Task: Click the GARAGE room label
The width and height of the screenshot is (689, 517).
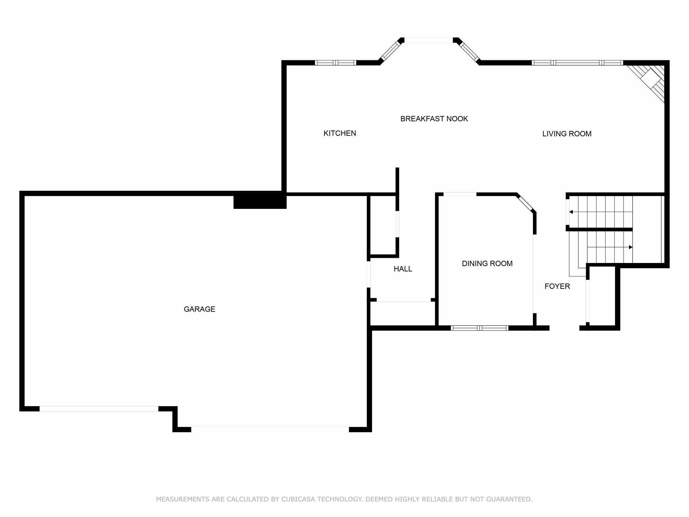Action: tap(199, 309)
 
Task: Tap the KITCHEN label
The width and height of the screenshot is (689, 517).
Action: tap(340, 133)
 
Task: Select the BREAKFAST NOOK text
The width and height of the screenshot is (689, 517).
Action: tap(434, 119)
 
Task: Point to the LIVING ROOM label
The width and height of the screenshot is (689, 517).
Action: tap(567, 134)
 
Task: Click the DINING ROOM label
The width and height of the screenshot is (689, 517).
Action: tap(487, 264)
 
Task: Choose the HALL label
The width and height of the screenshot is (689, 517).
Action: tap(403, 269)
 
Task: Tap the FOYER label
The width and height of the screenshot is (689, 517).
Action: tap(557, 286)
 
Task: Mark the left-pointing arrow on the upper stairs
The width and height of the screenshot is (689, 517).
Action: tap(571, 212)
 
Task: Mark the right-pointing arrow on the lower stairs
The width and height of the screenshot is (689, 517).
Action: tap(630, 247)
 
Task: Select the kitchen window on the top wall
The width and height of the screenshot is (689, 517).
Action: tap(336, 63)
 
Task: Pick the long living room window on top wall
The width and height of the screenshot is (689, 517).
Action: tap(577, 63)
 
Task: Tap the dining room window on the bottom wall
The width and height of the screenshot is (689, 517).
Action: tap(479, 328)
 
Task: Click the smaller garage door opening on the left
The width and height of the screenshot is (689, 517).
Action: tap(99, 409)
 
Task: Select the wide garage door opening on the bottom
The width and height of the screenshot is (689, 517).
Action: tap(270, 429)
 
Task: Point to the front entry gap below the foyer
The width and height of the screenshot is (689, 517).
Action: tap(564, 328)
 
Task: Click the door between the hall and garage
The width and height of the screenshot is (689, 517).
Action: tap(369, 274)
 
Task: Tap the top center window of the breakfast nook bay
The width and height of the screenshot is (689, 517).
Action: tap(428, 40)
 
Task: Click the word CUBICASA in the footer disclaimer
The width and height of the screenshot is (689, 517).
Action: tap(298, 499)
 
